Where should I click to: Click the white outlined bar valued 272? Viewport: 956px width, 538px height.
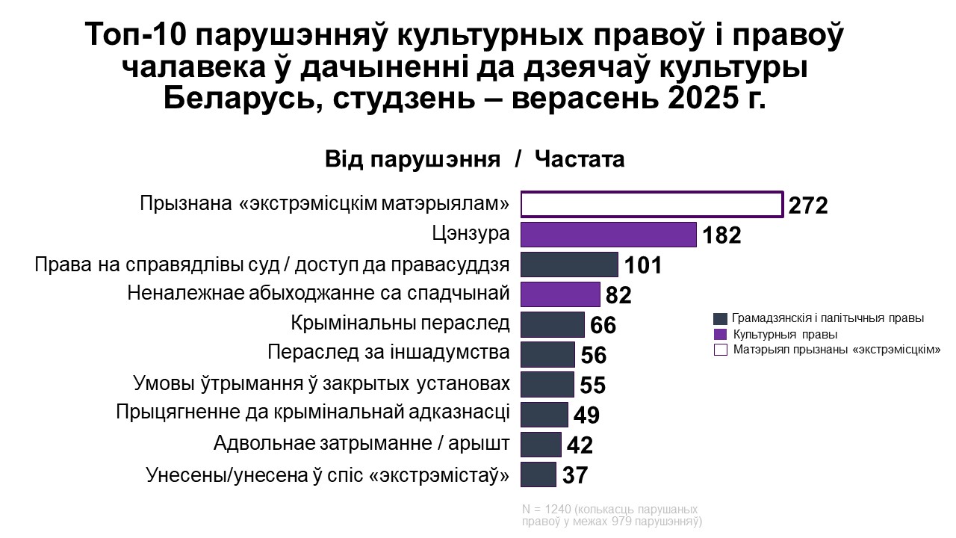point(651,205)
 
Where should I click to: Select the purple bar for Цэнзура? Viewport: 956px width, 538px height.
point(608,235)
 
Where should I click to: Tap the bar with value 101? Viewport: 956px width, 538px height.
point(569,265)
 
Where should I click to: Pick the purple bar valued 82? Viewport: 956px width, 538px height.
point(560,294)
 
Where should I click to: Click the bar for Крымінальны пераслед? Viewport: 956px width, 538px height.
point(553,324)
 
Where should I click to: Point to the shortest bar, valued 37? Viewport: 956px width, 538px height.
point(538,474)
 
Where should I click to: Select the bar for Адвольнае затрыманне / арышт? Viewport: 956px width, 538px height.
point(541,445)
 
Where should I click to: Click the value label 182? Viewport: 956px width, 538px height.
point(721,236)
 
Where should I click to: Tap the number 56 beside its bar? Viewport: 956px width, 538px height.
point(594,356)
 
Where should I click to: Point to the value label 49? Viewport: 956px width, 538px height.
point(587,415)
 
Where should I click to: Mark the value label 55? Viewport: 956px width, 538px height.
point(592,386)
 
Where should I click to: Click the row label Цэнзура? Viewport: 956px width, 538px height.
point(471,234)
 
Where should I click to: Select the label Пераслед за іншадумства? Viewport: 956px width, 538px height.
point(388,352)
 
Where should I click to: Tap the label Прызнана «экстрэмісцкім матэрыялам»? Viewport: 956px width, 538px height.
point(325,203)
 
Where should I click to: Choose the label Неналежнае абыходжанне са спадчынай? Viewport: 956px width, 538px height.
point(318,293)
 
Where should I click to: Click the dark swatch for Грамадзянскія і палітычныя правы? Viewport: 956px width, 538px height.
point(721,318)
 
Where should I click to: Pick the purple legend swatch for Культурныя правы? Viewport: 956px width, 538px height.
point(721,334)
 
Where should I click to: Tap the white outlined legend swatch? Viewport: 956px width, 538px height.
point(721,349)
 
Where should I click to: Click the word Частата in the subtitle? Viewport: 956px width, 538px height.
point(580,160)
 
